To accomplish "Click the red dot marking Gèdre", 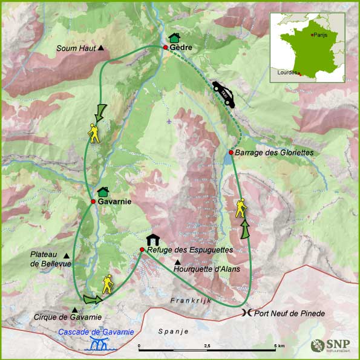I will pos(165,47).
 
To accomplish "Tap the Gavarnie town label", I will pos(115,201).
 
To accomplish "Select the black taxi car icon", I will pos(223,94).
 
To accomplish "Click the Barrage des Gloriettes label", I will pos(274,153).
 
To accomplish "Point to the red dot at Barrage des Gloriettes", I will pos(231,152).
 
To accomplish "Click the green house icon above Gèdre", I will pos(174,38).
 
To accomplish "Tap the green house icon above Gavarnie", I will pos(102,191).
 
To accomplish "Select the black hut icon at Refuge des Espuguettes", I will pos(152,240).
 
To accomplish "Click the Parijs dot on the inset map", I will pos(312,35).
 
